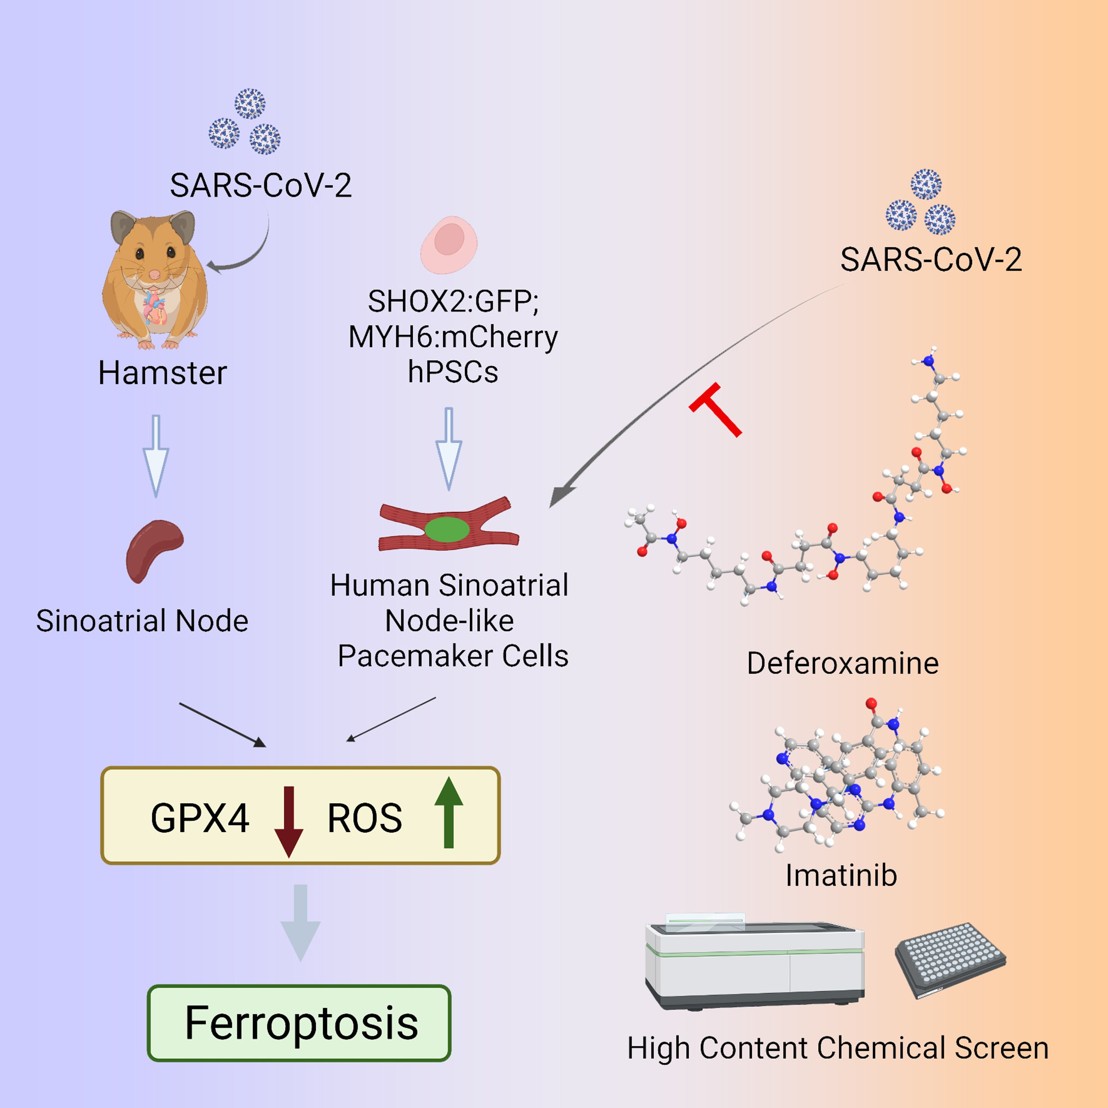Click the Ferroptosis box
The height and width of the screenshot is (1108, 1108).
tap(299, 1023)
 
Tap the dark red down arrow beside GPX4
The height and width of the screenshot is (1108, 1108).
tap(289, 821)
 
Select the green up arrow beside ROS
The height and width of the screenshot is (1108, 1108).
tap(448, 812)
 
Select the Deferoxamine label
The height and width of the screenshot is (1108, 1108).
tap(843, 663)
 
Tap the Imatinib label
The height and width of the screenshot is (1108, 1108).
tap(841, 876)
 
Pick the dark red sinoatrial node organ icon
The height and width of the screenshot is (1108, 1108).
tap(154, 551)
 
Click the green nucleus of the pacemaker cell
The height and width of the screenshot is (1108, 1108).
tap(447, 530)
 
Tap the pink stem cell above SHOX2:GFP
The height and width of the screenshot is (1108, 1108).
tap(449, 244)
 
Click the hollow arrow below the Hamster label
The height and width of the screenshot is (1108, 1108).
tap(156, 456)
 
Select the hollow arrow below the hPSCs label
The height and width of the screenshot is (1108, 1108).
tap(449, 449)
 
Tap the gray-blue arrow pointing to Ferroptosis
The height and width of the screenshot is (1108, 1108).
tap(300, 923)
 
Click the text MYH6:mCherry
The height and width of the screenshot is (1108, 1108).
tap(453, 337)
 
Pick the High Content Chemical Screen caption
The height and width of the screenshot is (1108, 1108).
tap(838, 1048)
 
